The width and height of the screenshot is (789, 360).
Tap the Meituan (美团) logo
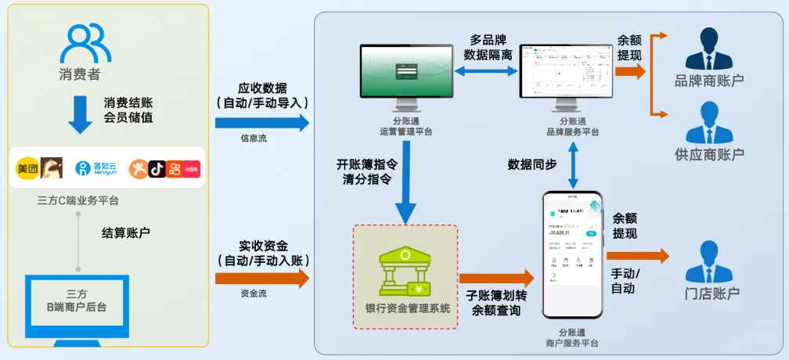click(x=28, y=167)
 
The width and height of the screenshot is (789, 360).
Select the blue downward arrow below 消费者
click(x=81, y=115)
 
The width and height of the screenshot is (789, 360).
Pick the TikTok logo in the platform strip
click(x=157, y=167)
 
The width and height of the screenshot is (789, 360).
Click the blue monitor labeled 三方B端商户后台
click(x=76, y=301)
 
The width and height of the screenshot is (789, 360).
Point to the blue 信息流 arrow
click(x=261, y=123)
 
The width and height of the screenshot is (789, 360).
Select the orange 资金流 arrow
click(x=261, y=278)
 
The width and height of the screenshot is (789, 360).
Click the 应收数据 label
click(x=262, y=88)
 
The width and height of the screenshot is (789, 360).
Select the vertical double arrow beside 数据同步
click(x=575, y=164)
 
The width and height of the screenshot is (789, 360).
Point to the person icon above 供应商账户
click(x=708, y=123)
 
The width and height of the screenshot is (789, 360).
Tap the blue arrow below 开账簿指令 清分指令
click(x=405, y=204)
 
